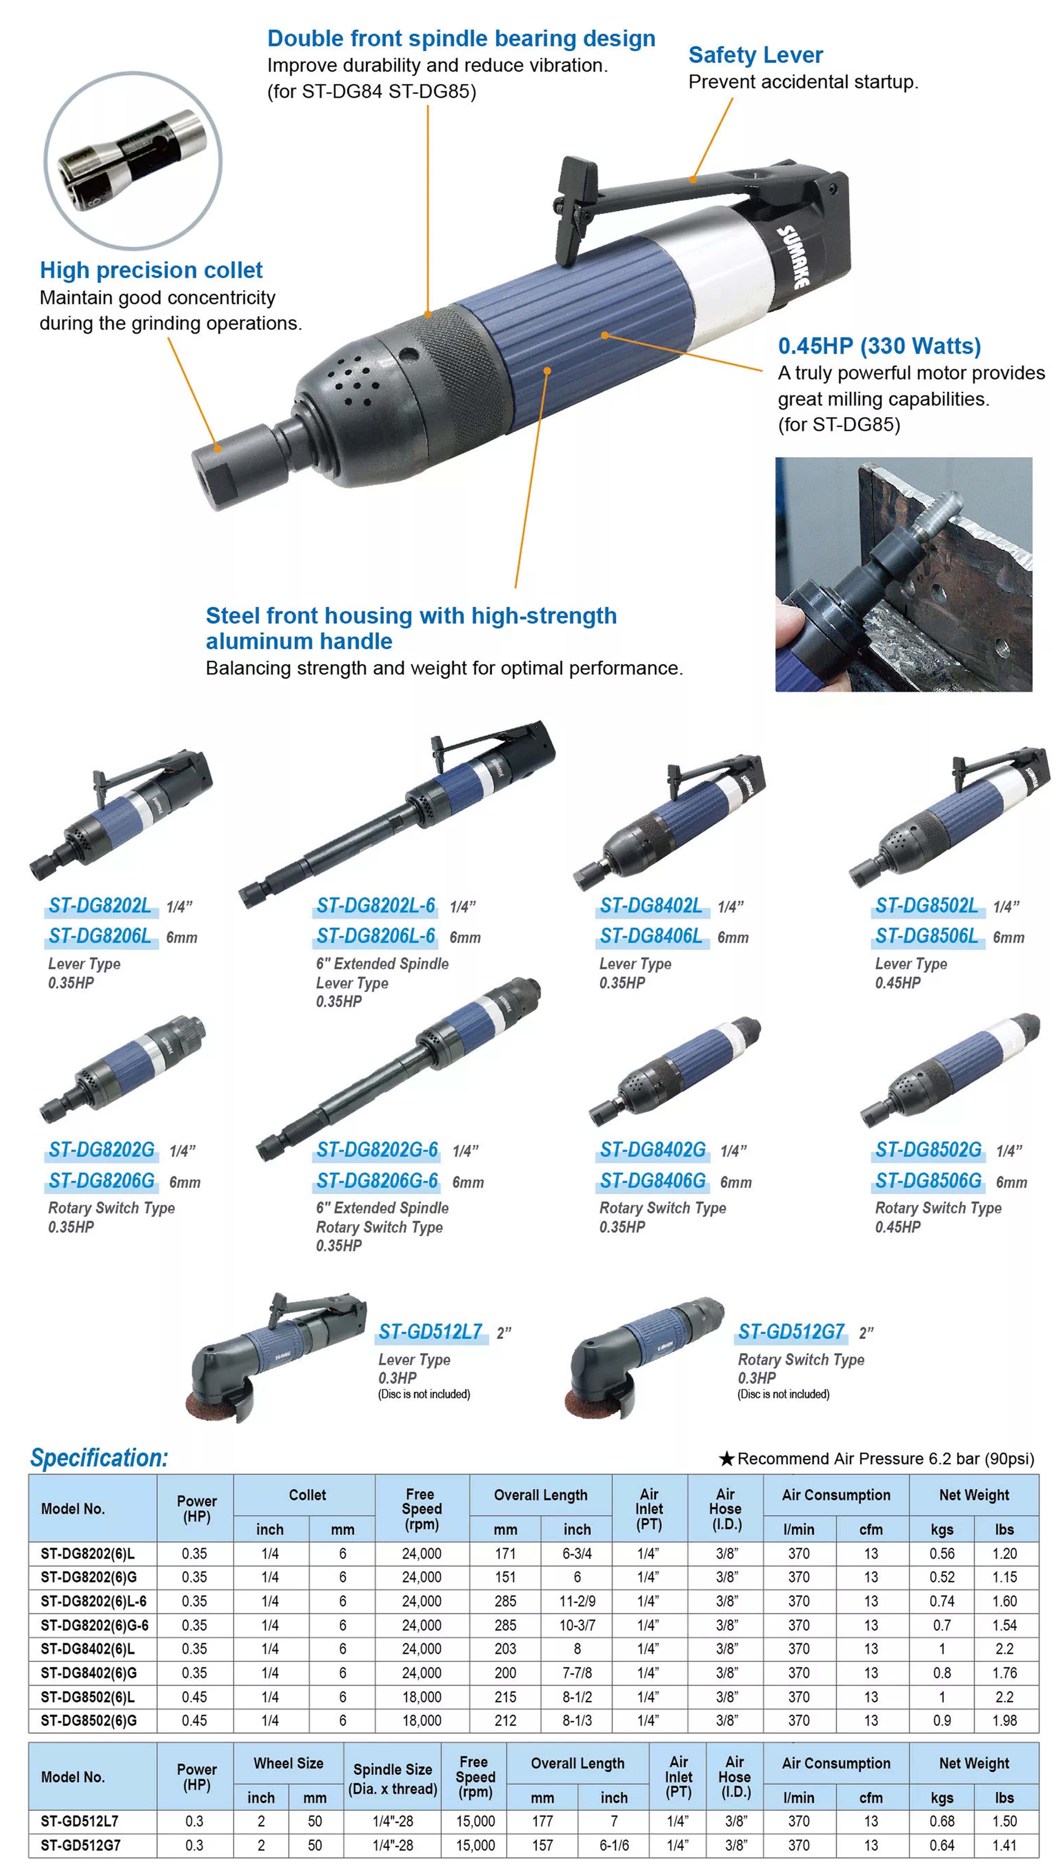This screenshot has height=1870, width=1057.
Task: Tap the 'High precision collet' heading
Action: (151, 270)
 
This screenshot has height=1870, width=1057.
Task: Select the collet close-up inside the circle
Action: (133, 160)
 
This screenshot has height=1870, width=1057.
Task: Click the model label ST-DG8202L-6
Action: (375, 906)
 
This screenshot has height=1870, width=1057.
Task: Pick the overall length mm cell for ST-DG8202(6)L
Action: (505, 1553)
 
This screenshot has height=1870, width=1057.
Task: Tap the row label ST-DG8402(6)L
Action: (88, 1649)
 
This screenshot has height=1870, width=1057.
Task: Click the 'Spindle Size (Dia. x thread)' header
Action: (393, 1778)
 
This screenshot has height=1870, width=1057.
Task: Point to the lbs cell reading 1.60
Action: (1005, 1601)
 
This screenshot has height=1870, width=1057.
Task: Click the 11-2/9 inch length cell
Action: (577, 1601)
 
